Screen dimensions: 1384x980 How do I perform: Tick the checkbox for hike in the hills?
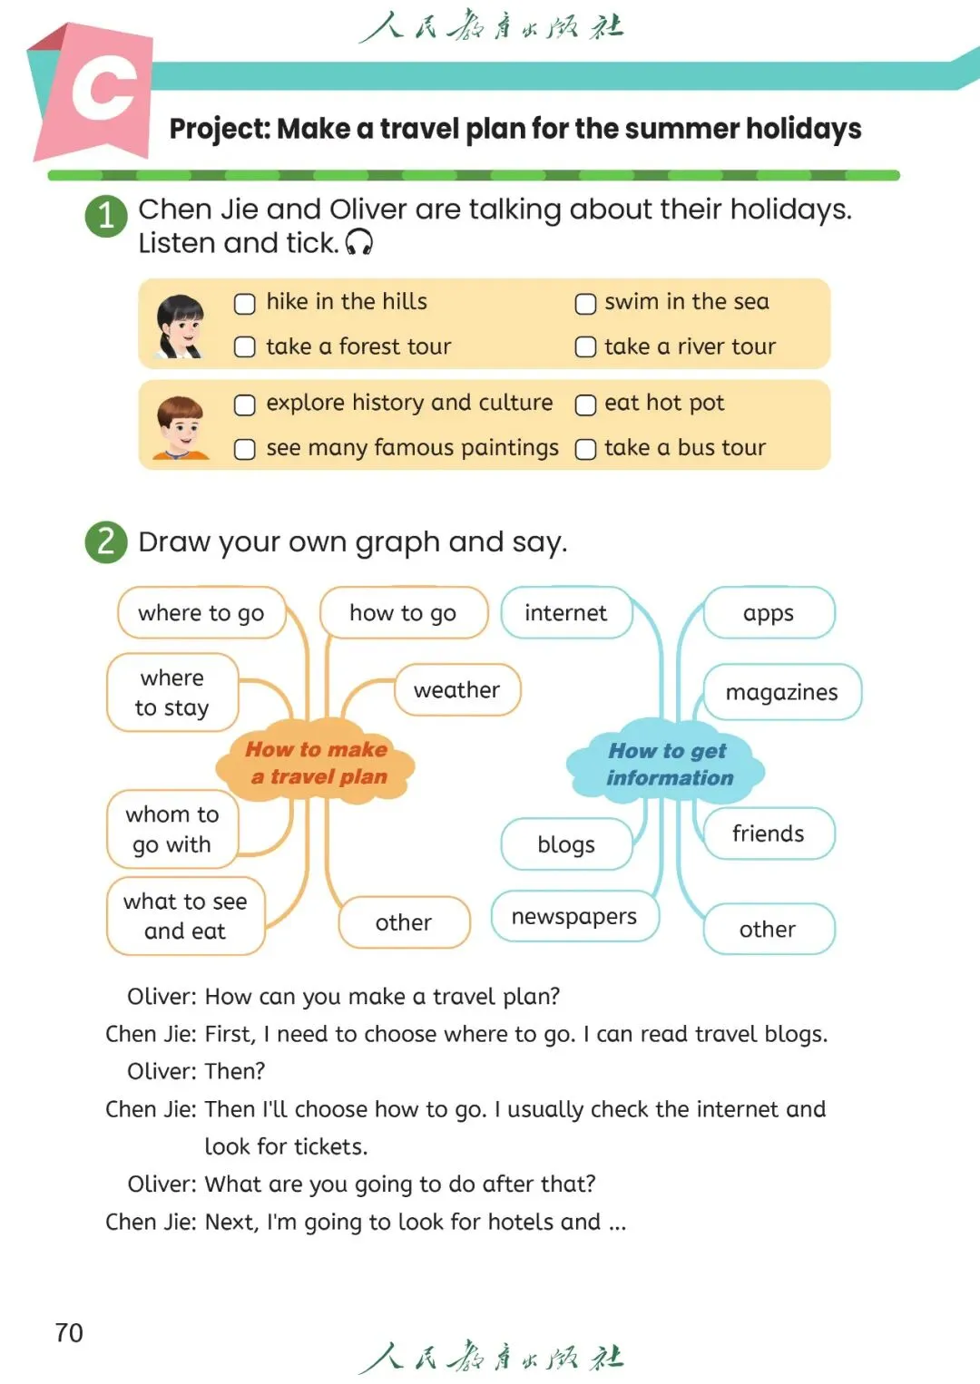244,303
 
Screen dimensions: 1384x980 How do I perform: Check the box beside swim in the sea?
585,303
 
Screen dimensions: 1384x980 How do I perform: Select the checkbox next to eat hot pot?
585,404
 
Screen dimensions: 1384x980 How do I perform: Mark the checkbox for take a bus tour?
585,449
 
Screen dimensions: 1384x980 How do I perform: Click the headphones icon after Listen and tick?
359,242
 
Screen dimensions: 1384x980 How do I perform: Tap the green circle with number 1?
106,216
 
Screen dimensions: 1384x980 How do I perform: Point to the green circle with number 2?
106,541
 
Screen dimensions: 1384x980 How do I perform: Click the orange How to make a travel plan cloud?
317,763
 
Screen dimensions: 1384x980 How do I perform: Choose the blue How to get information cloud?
667,764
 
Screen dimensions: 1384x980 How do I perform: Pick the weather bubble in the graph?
456,690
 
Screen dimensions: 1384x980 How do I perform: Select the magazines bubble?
781,692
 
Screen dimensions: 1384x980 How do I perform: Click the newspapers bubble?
574,916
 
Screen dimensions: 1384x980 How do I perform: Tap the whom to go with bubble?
171,829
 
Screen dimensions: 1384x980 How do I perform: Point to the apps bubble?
768,613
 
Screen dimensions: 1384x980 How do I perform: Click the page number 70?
69,1332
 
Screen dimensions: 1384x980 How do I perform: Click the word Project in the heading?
220,130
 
